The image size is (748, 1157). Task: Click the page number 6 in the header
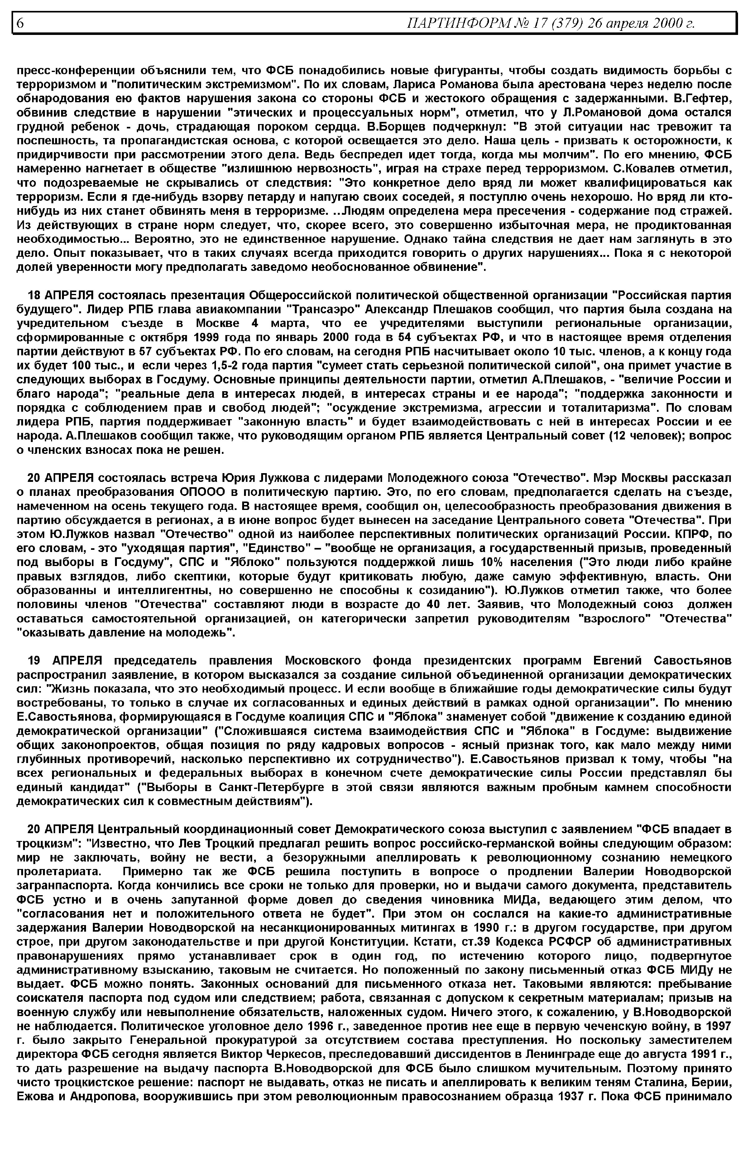pos(20,23)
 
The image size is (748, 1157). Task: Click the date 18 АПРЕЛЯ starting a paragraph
pos(61,296)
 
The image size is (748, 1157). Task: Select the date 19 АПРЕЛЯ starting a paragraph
pos(65,660)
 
